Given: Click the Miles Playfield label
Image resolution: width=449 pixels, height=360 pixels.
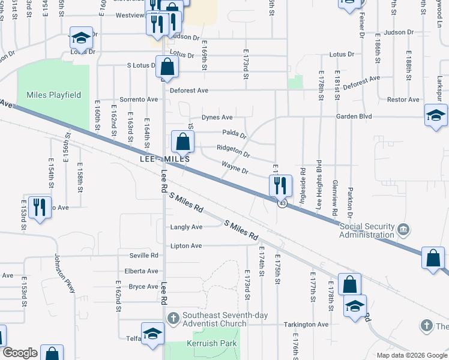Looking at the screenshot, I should [53, 95].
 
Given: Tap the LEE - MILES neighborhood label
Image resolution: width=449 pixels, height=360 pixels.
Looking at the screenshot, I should [164, 160].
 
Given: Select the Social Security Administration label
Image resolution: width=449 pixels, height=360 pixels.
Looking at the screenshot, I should [367, 230].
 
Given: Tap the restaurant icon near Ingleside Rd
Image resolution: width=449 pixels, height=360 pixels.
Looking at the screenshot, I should [280, 186].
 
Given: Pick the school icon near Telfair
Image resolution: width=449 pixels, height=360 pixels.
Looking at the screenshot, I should [152, 334].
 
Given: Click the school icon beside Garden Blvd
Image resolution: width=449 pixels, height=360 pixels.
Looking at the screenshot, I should [436, 115].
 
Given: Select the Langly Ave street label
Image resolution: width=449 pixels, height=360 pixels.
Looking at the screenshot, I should [186, 227].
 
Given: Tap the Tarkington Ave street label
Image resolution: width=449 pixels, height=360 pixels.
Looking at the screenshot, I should [306, 325].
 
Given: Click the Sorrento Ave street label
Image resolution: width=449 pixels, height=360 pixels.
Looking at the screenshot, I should [139, 100].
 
